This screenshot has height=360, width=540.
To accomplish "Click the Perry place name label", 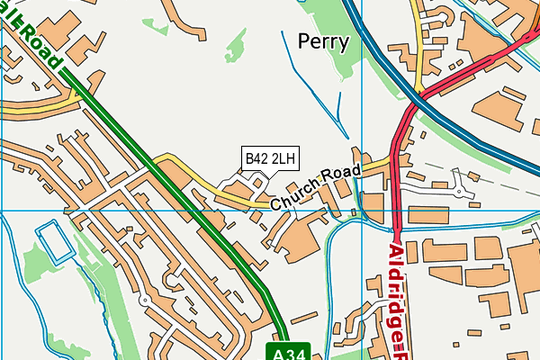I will (x=325, y=41).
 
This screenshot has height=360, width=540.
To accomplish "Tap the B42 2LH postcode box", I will (x=270, y=159).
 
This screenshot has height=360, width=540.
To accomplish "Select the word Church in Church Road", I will (x=293, y=192).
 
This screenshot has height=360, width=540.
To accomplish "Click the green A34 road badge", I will (x=284, y=350).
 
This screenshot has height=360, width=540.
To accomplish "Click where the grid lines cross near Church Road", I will (x=359, y=211).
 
